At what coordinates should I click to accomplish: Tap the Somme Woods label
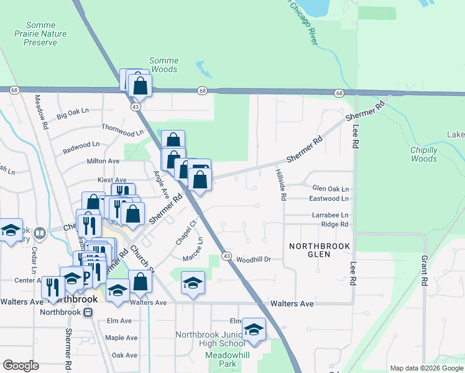click(163, 65)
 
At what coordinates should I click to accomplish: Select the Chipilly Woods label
click(424, 154)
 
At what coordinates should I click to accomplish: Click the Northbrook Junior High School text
click(210, 339)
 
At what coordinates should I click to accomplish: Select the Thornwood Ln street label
click(122, 132)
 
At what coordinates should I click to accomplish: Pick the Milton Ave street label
click(103, 161)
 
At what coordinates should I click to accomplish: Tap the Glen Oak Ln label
click(330, 188)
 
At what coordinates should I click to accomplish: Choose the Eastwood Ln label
click(329, 198)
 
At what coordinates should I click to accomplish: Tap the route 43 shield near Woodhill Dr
click(226, 257)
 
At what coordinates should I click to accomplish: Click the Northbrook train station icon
click(89, 312)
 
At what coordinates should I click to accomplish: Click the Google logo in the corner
click(21, 366)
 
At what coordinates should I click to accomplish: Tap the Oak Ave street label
click(124, 355)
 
